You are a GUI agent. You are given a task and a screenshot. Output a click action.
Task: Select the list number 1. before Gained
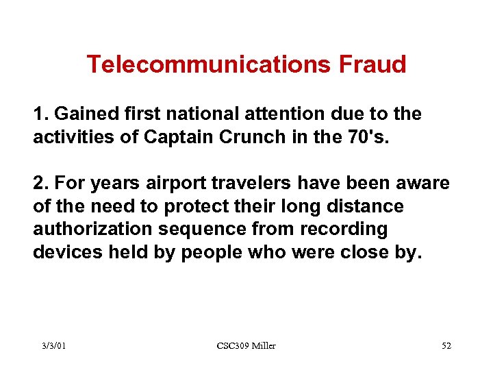pos(40,114)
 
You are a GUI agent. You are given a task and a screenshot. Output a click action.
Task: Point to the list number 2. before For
pos(40,184)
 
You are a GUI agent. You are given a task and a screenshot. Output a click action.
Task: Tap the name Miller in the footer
pos(263,346)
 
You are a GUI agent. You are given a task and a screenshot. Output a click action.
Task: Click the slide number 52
pos(446,346)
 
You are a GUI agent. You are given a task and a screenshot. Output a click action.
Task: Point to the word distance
pos(363,206)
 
